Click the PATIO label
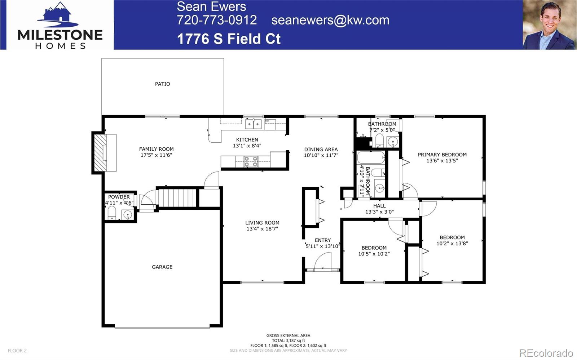(162, 84)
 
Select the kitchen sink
(253, 124)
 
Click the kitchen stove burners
(251, 161)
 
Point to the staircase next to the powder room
(177, 197)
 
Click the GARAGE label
(162, 267)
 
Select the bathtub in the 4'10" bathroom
(371, 158)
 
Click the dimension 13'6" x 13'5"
(442, 161)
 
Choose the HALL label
(379, 206)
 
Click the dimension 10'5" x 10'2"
(374, 254)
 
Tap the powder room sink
(127, 215)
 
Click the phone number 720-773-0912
(217, 20)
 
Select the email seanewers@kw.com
(330, 20)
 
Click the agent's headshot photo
(549, 25)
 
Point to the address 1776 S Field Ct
(229, 39)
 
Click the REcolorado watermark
(546, 352)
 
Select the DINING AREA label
(321, 149)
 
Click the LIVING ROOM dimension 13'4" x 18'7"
(262, 228)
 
